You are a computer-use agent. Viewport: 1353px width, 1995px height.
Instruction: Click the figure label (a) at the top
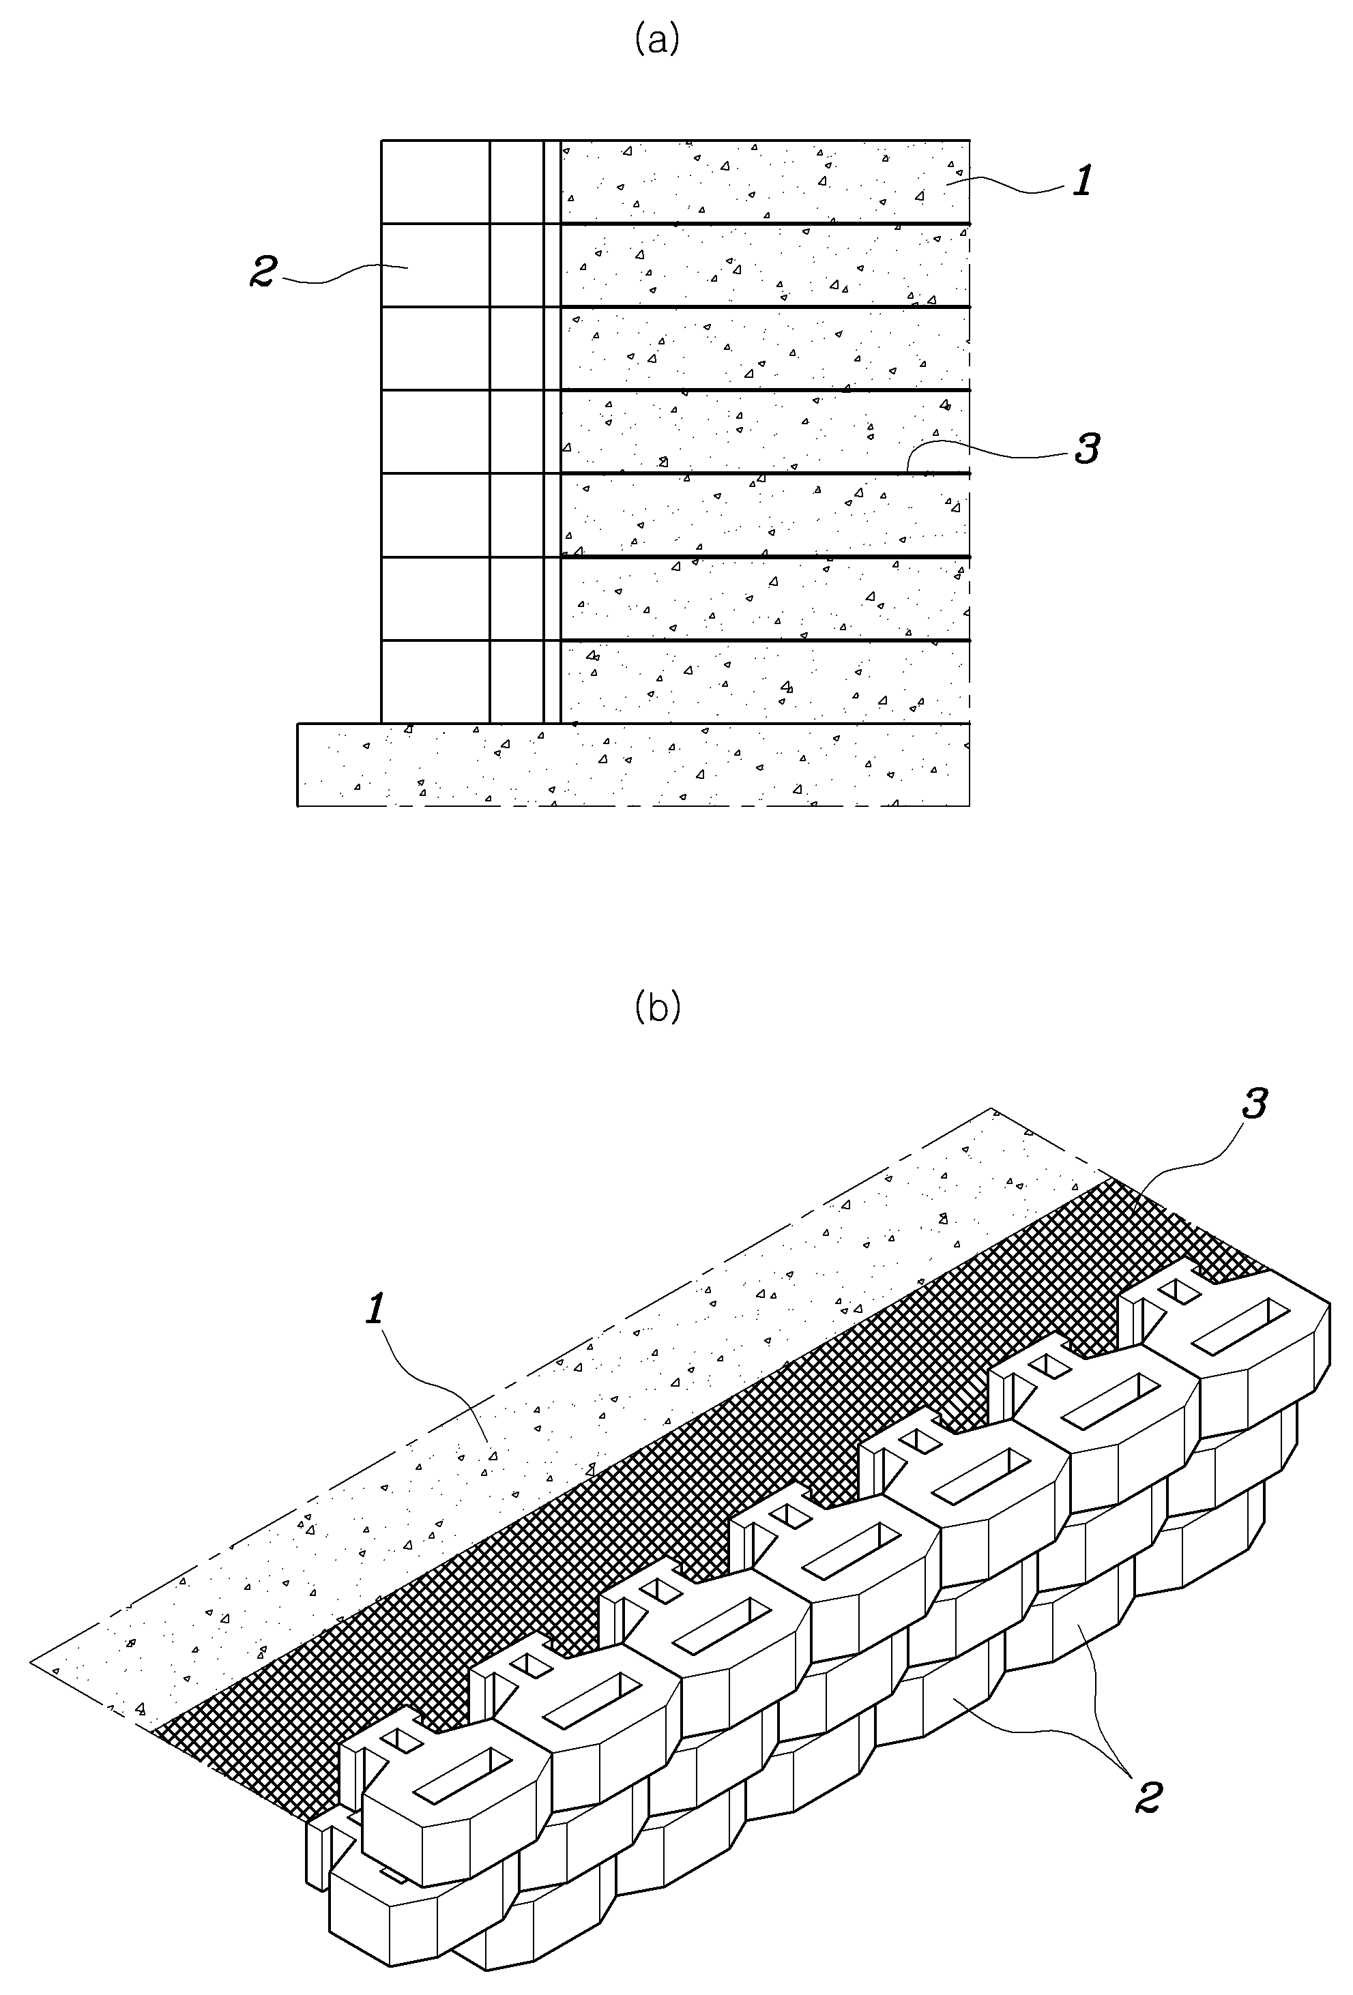[657, 40]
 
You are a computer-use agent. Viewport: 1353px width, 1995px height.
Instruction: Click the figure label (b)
[658, 1006]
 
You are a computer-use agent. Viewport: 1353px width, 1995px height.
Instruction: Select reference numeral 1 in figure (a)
[1083, 181]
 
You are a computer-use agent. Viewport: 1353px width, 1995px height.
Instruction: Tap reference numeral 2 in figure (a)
[263, 271]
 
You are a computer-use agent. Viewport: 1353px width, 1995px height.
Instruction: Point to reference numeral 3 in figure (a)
[1087, 448]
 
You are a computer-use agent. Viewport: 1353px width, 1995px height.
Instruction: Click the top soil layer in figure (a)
[765, 181]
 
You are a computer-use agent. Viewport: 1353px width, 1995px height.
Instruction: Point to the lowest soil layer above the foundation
[765, 681]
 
